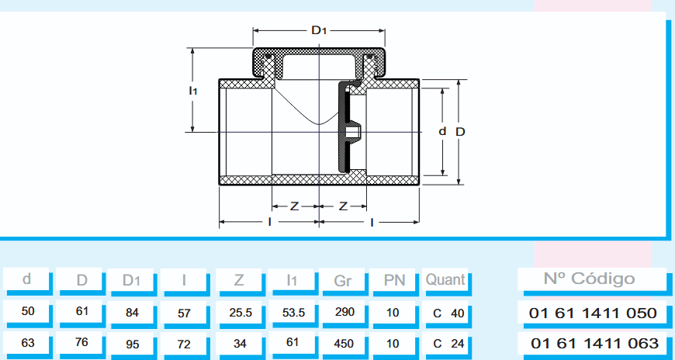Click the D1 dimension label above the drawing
[319, 31]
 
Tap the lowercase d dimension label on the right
[442, 131]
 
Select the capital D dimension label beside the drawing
[460, 131]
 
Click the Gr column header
[342, 280]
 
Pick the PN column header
[395, 280]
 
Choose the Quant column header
[446, 280]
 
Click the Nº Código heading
[592, 279]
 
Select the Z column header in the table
[239, 280]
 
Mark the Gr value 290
[342, 313]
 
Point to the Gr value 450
[342, 343]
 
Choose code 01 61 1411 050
[594, 313]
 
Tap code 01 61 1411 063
[594, 343]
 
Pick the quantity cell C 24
[448, 343]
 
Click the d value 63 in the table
[28, 342]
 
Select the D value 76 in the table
[81, 342]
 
